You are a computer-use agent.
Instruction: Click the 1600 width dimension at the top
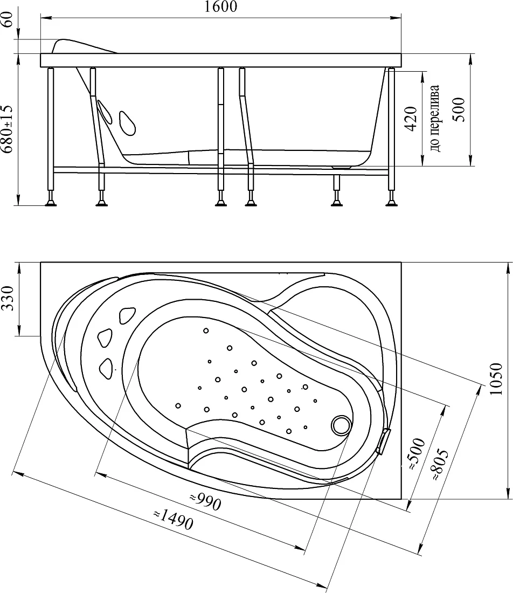[x=221, y=7]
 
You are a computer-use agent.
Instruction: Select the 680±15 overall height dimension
[x=7, y=129]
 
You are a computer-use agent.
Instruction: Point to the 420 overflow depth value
[x=411, y=119]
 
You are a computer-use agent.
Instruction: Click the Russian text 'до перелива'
[x=435, y=118]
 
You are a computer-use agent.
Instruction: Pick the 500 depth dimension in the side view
[x=459, y=109]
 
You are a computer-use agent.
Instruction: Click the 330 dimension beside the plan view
[x=8, y=299]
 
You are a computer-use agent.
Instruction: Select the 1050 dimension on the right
[x=496, y=380]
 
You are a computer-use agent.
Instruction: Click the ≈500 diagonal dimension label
[x=417, y=454]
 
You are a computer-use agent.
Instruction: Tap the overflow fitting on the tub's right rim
[x=384, y=441]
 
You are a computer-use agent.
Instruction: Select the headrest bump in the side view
[x=84, y=46]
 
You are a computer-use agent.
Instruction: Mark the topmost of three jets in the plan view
[x=127, y=316]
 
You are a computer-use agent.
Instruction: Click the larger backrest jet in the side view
[x=127, y=123]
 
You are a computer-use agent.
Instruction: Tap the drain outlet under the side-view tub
[x=342, y=167]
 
